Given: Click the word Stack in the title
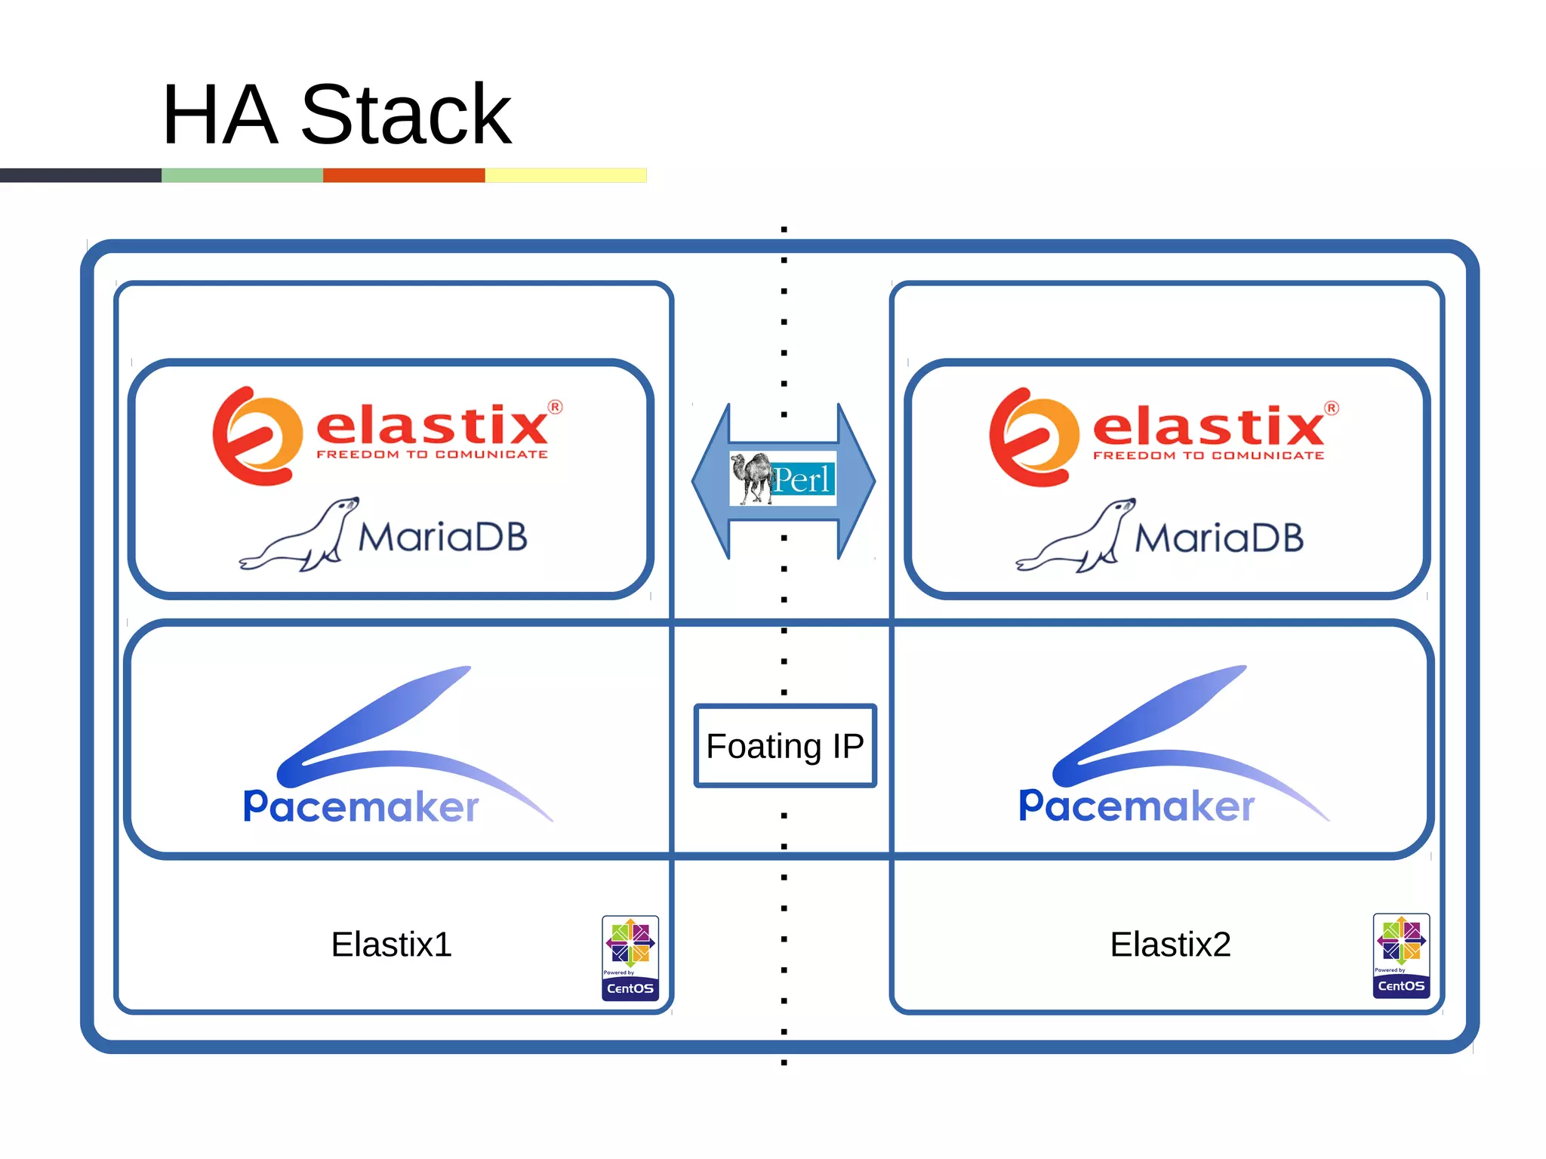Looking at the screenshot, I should (x=406, y=115).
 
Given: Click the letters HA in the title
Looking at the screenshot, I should (x=220, y=115).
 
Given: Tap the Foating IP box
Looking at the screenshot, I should (x=784, y=746).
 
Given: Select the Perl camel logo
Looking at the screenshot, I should (x=783, y=479).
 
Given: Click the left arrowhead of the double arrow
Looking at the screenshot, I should (x=710, y=481).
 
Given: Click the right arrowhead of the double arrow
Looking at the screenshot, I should (x=857, y=481).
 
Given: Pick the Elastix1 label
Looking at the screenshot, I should (x=391, y=944).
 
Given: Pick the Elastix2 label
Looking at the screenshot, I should (x=1169, y=944).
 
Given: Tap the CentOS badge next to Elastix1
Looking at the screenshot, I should (x=630, y=957).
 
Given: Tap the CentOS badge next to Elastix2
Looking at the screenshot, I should (x=1400, y=955).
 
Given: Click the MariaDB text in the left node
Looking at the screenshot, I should (x=442, y=537).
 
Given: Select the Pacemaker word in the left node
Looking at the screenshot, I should (x=361, y=806).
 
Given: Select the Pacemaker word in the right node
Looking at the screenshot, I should (x=1136, y=806).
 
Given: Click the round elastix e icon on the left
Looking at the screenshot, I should (x=255, y=436).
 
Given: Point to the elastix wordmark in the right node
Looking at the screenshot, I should (x=1208, y=427).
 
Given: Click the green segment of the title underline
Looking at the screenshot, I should (x=242, y=175).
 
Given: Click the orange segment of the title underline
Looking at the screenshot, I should (x=404, y=175).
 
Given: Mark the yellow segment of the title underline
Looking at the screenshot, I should (x=565, y=175).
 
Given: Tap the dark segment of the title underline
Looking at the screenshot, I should (x=80, y=175).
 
